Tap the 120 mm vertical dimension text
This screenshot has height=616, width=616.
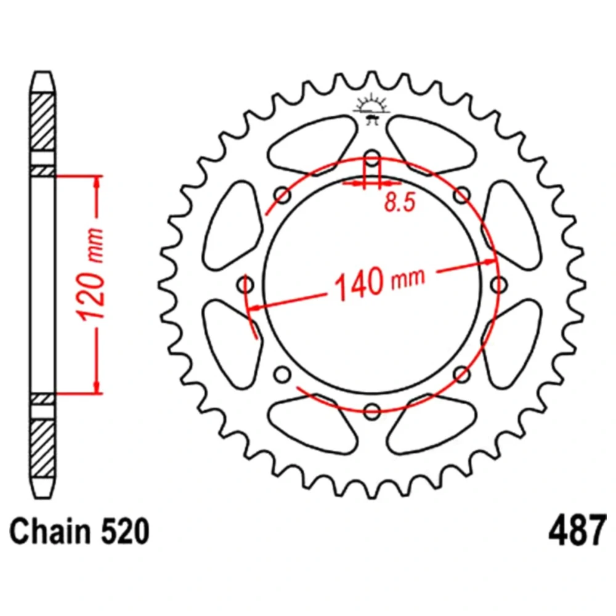(91, 274)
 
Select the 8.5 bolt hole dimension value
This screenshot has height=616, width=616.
(400, 203)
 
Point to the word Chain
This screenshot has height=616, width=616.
(49, 531)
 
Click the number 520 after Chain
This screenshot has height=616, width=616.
(125, 531)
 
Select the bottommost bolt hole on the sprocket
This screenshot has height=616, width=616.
(372, 411)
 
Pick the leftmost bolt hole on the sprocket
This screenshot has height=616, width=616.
(246, 285)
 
